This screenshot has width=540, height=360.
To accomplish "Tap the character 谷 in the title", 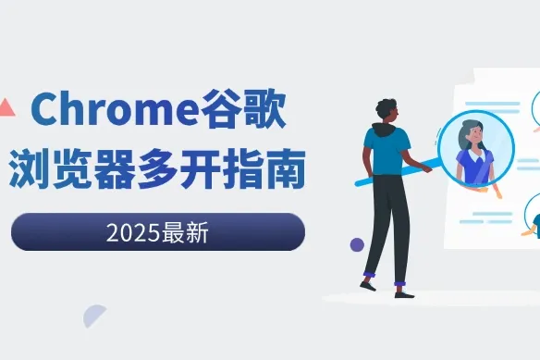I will [x=222, y=111].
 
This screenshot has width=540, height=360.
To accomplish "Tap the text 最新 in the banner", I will [x=188, y=231].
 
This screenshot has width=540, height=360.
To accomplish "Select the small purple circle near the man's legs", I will [x=357, y=244].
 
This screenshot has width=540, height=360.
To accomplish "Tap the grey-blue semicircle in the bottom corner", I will [x=93, y=317].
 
